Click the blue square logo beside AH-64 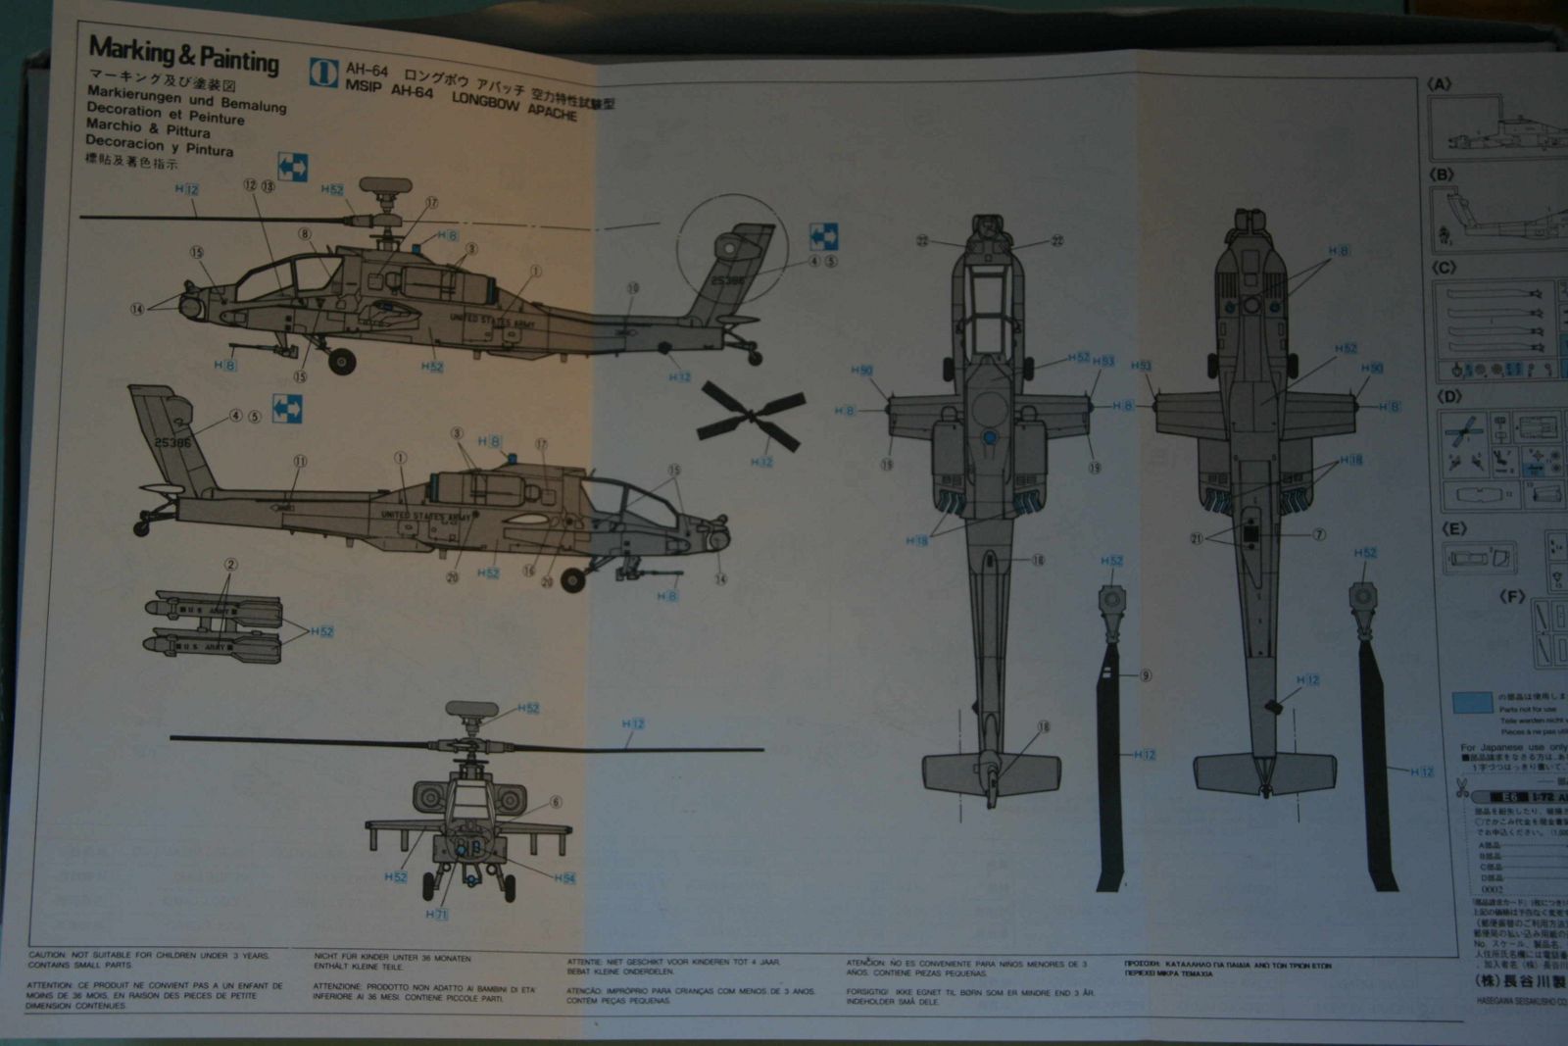(x=323, y=73)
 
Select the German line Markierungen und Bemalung (x=186, y=99)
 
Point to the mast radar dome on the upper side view (x=385, y=184)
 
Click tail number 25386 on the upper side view (x=726, y=280)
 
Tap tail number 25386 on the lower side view (x=172, y=443)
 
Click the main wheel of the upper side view (x=341, y=362)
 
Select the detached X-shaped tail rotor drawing (x=752, y=416)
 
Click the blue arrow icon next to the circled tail (x=823, y=236)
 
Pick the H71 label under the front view (x=436, y=915)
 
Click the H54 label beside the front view (x=564, y=878)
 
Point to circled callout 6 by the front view (x=556, y=802)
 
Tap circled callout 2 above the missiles (x=230, y=565)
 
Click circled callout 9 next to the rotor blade (x=1145, y=675)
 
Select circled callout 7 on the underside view (x=1319, y=534)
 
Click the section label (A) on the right (x=1440, y=84)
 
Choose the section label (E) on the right (x=1454, y=529)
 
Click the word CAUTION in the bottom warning (x=47, y=955)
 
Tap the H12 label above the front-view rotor (x=633, y=723)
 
